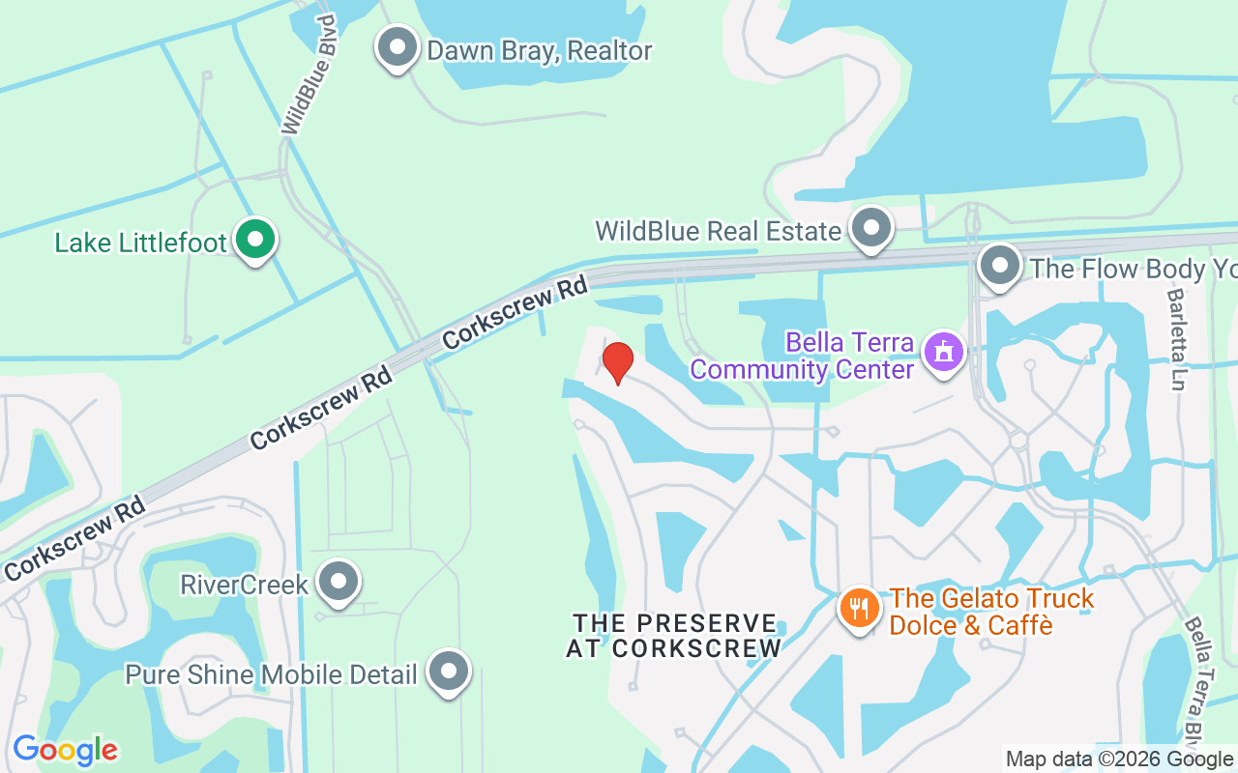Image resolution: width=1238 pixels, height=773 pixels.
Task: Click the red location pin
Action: pyautogui.click(x=618, y=362)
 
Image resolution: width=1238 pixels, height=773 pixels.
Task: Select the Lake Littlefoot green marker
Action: pyautogui.click(x=255, y=239)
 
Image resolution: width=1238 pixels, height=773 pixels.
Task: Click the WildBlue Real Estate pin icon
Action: pyautogui.click(x=871, y=229)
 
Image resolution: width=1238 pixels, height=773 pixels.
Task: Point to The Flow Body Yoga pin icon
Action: pyautogui.click(x=1000, y=265)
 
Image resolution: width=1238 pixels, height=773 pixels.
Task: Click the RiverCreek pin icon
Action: pyautogui.click(x=339, y=582)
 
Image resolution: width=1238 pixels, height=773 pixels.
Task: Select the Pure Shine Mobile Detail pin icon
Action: pyautogui.click(x=449, y=672)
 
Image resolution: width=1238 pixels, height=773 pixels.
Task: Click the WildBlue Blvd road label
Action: pyautogui.click(x=309, y=74)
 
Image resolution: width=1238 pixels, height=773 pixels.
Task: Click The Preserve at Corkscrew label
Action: pyautogui.click(x=674, y=635)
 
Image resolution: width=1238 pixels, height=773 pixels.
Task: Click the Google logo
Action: pyautogui.click(x=65, y=750)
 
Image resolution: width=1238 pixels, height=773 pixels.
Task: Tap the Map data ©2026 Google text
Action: pyautogui.click(x=1119, y=759)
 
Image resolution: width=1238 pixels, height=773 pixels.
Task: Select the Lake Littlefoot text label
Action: pyautogui.click(x=141, y=243)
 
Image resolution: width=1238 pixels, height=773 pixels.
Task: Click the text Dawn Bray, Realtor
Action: pyautogui.click(x=540, y=50)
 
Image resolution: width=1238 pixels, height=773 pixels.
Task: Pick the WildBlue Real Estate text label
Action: pyautogui.click(x=718, y=232)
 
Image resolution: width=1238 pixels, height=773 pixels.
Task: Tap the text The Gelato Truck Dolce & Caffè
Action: pyautogui.click(x=991, y=612)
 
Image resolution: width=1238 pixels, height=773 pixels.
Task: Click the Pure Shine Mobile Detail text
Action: pyautogui.click(x=272, y=673)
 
